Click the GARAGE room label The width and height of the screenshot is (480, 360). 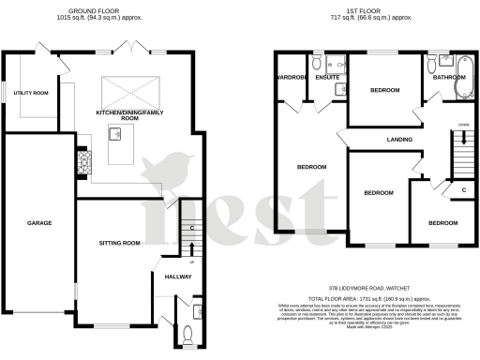tap(38, 223)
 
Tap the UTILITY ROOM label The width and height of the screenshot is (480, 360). tap(31, 93)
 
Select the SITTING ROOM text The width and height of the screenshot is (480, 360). tap(119, 243)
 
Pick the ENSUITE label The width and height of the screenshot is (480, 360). tap(327, 78)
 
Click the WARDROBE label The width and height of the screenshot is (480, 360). tap(290, 78)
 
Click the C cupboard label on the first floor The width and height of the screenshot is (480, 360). tap(464, 191)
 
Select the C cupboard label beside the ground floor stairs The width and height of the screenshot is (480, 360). tap(191, 226)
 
